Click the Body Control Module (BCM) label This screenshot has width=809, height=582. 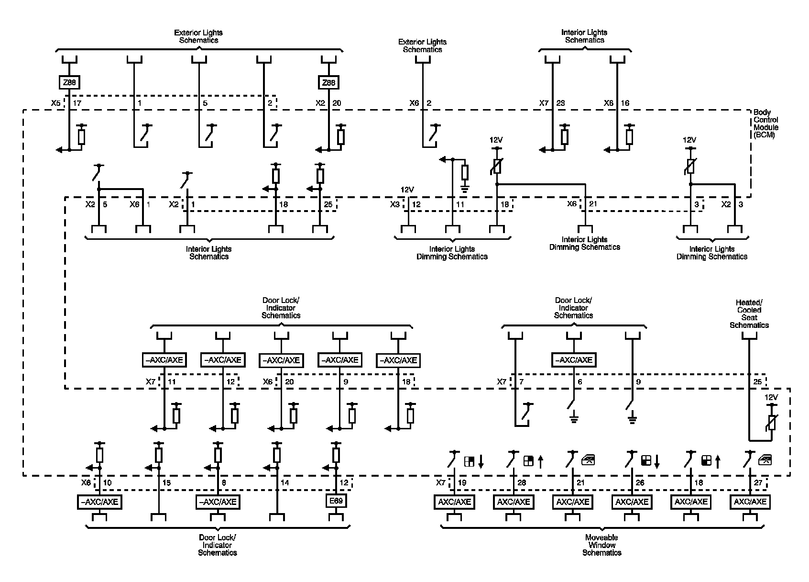click(x=765, y=124)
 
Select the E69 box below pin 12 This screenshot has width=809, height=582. click(x=336, y=501)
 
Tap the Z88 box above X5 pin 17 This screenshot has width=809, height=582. click(x=69, y=83)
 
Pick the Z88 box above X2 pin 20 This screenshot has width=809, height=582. click(x=328, y=83)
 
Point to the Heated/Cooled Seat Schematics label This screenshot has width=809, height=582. click(x=749, y=314)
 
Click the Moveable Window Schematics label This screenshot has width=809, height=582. click(x=601, y=545)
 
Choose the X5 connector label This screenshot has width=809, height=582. click(x=56, y=103)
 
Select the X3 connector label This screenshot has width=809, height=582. click(x=394, y=204)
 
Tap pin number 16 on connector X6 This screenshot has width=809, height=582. click(x=624, y=103)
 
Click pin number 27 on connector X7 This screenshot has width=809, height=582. click(x=758, y=483)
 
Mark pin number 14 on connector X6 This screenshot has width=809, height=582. click(x=284, y=483)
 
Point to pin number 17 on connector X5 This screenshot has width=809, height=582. click(x=77, y=103)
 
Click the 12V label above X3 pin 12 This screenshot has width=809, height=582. click(x=407, y=190)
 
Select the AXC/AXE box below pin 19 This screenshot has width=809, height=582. click(x=454, y=502)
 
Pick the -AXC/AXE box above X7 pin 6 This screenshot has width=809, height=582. click(x=574, y=360)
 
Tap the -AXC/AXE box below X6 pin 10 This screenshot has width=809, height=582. click(x=99, y=502)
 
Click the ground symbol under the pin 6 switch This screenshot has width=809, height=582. click(x=574, y=420)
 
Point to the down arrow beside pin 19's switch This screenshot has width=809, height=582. click(x=481, y=461)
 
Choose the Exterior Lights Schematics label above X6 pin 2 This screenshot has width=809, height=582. click(x=422, y=46)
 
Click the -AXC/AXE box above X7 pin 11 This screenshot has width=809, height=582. click(x=164, y=360)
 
